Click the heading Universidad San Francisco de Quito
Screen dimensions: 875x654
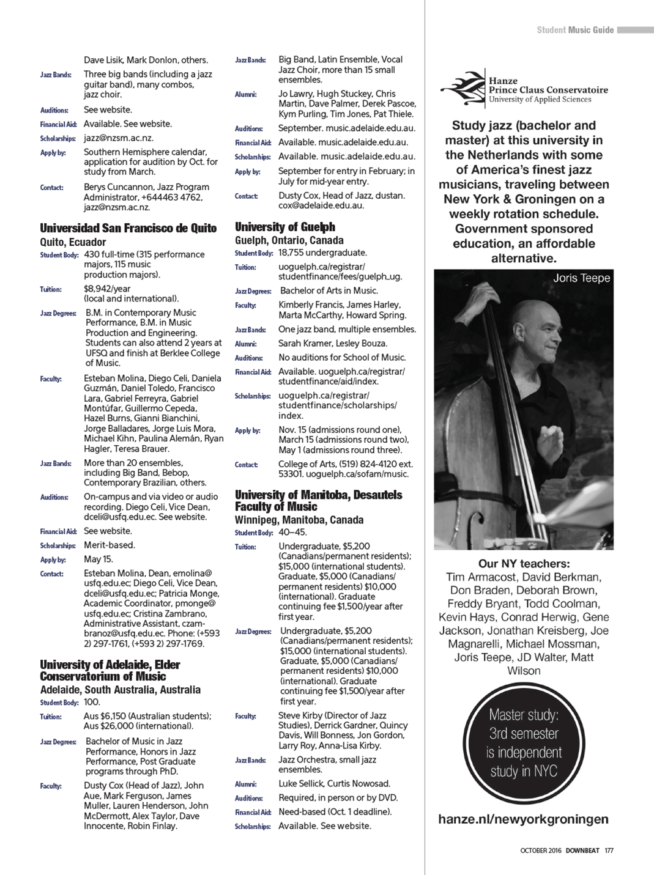[128, 228]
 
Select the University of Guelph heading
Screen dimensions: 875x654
[284, 227]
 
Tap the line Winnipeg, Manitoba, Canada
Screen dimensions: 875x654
[299, 520]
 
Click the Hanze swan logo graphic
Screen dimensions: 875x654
[463, 89]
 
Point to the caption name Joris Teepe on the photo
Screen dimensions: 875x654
[581, 278]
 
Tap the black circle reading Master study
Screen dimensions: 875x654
[524, 743]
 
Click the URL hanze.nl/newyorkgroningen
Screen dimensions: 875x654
[523, 819]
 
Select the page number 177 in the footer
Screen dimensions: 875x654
[609, 851]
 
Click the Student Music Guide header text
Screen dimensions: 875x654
[575, 30]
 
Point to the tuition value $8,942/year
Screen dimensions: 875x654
[107, 289]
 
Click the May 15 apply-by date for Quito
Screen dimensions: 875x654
[98, 559]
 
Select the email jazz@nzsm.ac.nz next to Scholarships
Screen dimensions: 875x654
[118, 138]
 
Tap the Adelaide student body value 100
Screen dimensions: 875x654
[92, 702]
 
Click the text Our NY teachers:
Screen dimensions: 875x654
[524, 564]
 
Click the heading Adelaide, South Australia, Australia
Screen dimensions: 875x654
[120, 690]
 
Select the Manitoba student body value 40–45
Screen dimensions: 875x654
[292, 532]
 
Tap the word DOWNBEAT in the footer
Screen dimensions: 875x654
[582, 851]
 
